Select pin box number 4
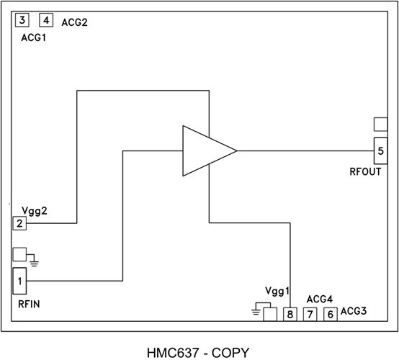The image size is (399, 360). point(46,20)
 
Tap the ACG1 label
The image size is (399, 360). point(32,37)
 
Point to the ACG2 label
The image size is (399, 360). point(74,23)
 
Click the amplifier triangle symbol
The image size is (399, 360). point(205,150)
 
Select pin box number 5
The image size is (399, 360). point(380,150)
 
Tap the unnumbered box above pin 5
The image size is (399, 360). point(380,125)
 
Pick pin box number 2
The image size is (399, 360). point(19,223)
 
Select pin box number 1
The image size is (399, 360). point(19,280)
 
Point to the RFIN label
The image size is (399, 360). point(29,305)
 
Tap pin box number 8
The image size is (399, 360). point(290,315)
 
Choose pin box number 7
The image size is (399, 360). point(310,315)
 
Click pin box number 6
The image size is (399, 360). point(331,315)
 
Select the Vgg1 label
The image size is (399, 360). point(278,292)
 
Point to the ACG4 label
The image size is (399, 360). point(319,299)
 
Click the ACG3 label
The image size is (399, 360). point(354,312)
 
